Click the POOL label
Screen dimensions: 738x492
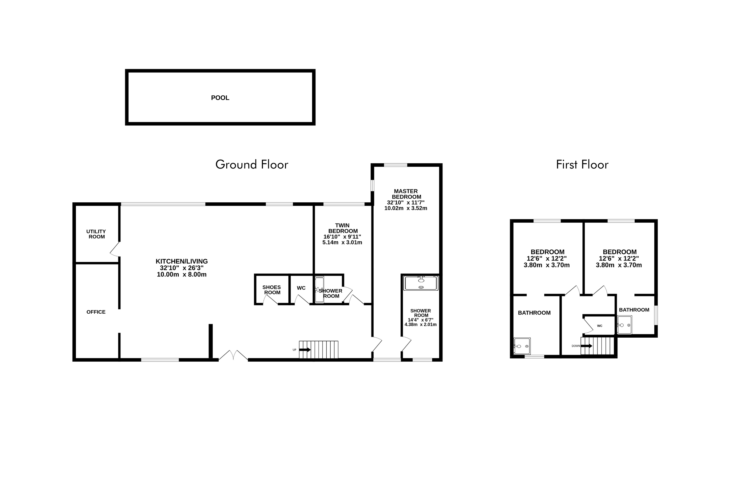pos(220,98)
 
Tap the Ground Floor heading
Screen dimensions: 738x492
pos(252,165)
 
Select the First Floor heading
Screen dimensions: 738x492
pos(582,165)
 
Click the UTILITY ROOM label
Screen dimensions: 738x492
pos(96,234)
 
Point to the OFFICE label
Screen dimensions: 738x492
pos(96,312)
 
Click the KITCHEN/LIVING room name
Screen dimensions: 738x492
pos(182,261)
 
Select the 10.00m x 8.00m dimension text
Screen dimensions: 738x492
pos(182,275)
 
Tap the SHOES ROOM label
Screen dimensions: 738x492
pos(272,290)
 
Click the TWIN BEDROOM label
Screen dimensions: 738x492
pos(342,228)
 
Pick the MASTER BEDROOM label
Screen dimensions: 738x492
pos(406,194)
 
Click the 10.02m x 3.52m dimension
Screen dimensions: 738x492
pos(406,208)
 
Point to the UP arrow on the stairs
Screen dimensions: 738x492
pos(305,350)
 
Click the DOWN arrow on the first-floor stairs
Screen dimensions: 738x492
pos(586,346)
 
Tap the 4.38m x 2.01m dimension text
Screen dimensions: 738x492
pos(420,324)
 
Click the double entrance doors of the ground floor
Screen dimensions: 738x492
pos(233,355)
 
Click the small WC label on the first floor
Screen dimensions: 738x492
pos(600,326)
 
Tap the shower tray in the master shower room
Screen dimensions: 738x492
pos(421,283)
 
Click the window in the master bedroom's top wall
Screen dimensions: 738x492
pos(395,165)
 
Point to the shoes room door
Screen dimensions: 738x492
pos(270,300)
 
